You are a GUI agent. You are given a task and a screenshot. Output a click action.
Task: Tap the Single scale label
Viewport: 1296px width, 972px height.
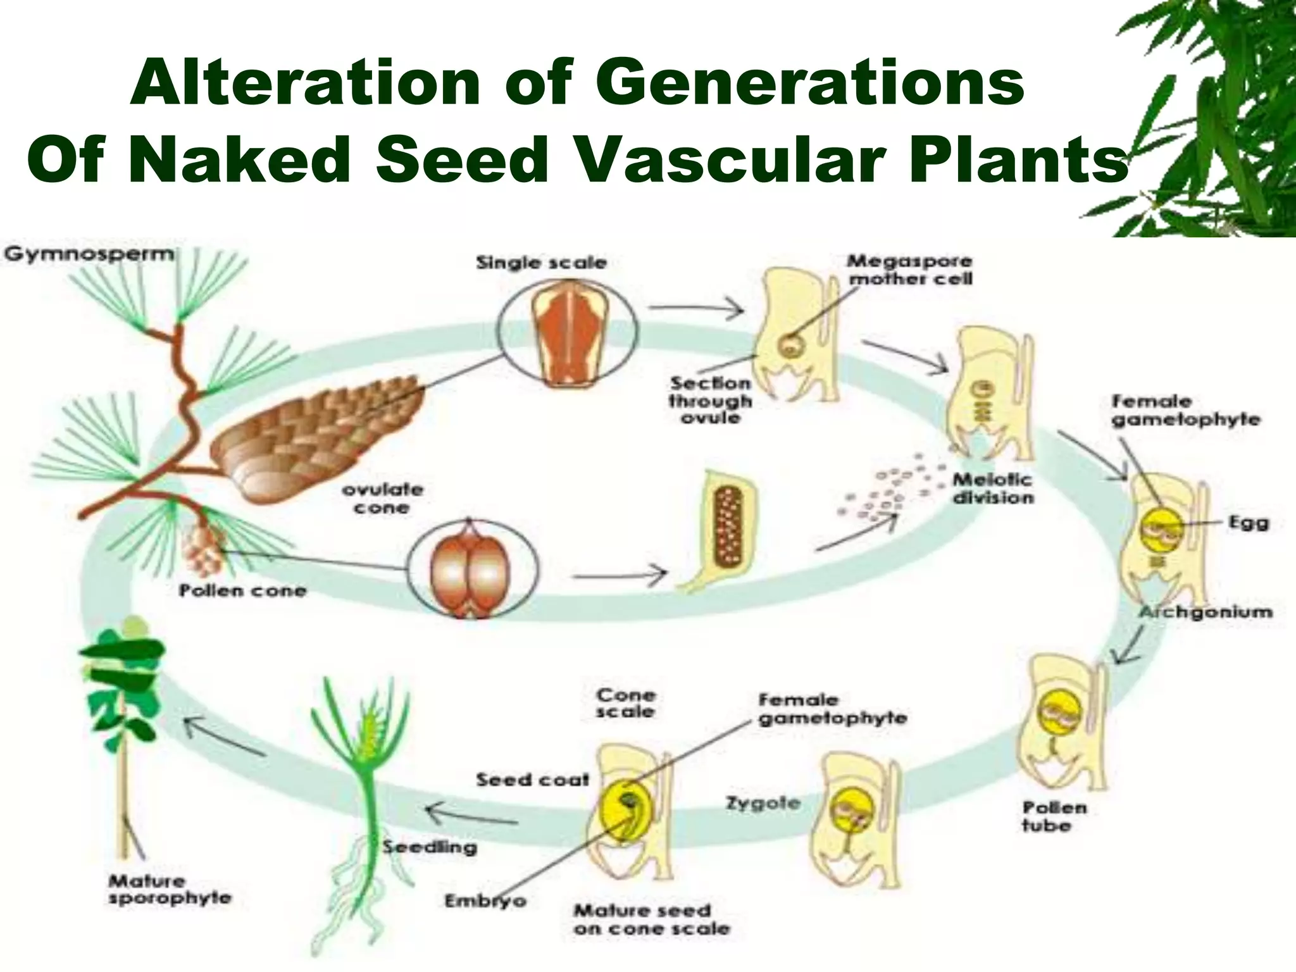point(541,263)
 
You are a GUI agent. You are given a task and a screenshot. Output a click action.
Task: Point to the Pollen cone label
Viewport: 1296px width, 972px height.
point(243,591)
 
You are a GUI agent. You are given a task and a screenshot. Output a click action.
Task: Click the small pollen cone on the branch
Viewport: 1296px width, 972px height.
point(204,545)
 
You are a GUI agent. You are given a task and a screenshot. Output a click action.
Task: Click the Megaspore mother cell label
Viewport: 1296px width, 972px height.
point(910,270)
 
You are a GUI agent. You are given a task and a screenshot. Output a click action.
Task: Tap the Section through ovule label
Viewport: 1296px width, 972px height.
point(710,400)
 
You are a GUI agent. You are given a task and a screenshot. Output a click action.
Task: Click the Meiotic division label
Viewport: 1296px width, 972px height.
point(992,489)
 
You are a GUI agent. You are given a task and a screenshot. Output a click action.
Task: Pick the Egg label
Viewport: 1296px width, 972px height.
point(1248,523)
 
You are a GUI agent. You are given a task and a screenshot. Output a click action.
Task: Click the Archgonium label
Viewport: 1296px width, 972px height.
point(1206,612)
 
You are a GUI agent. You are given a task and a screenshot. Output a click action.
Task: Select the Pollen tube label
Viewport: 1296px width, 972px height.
point(1054,816)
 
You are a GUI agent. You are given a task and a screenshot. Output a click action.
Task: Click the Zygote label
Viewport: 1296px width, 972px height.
point(763,804)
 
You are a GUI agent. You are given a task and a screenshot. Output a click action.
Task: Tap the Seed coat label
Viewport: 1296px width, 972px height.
point(532,780)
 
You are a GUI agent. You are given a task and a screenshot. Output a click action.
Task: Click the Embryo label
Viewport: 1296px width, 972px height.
point(485,900)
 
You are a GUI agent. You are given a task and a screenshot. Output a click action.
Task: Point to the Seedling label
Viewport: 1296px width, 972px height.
point(429,847)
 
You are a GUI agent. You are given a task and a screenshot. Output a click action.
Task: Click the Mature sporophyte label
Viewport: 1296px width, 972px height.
point(170,889)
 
